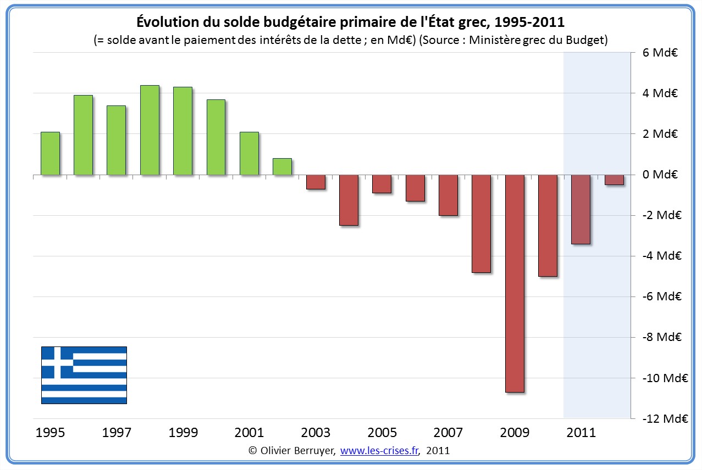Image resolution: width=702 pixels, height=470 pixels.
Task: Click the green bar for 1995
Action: pos(50,154)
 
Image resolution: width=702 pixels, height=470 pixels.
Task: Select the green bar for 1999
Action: pos(183,131)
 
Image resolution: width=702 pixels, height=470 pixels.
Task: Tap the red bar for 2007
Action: pos(448,195)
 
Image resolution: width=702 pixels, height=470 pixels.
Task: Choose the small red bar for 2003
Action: pos(316,182)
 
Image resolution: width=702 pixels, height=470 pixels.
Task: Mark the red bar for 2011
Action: pos(581,209)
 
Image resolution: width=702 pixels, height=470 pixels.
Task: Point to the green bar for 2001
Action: pos(249,154)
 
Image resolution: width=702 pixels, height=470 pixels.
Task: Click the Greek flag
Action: pos(84,375)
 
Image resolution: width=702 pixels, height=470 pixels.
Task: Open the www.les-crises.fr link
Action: pos(379,451)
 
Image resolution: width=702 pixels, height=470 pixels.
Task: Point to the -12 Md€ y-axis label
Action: pos(667,418)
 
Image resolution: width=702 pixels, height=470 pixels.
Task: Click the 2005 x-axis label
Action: pos(383,433)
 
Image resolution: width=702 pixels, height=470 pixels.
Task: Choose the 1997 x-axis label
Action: pos(117,433)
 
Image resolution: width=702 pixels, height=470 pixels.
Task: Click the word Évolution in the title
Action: pos(167,23)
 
